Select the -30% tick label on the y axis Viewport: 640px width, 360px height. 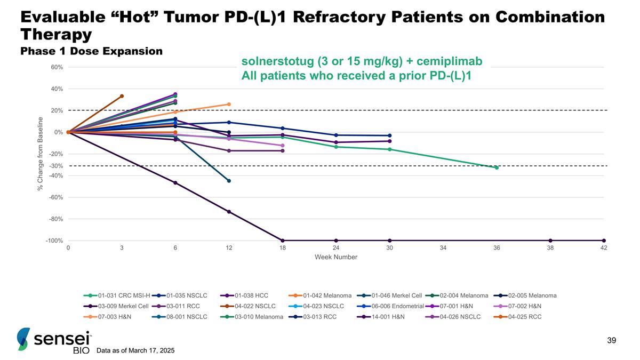tap(57, 166)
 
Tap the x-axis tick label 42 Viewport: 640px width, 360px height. tap(604, 249)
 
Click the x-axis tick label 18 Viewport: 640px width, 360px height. tap(282, 249)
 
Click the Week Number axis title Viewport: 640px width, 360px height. tap(335, 257)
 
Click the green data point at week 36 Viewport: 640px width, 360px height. tap(497, 167)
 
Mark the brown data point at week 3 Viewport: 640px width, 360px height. tap(122, 96)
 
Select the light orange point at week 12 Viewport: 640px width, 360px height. tap(229, 105)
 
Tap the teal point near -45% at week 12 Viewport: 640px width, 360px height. tap(229, 181)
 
